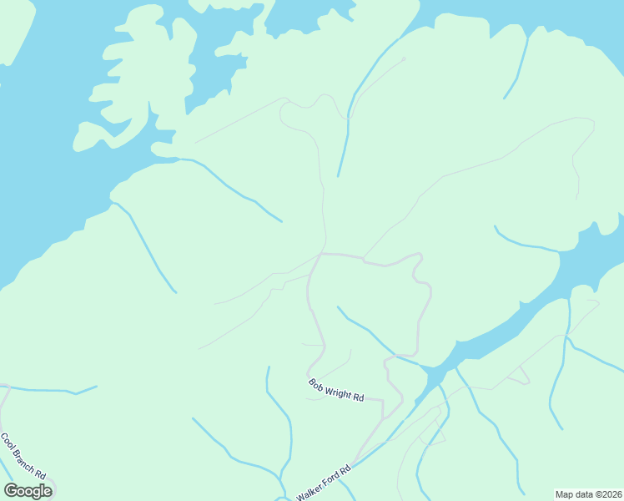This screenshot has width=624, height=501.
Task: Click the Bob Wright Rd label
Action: (x=336, y=390)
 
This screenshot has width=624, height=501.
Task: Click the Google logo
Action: (x=28, y=491)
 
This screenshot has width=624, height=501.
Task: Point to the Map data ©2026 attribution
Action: (x=589, y=494)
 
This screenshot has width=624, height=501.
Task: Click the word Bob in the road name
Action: (x=316, y=384)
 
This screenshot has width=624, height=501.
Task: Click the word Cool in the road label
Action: (x=8, y=440)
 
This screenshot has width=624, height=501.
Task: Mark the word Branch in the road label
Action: (x=23, y=457)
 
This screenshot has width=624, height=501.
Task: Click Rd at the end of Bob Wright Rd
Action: (x=359, y=397)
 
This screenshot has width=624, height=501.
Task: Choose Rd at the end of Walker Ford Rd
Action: (x=345, y=469)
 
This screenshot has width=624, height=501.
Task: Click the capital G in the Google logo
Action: (x=11, y=491)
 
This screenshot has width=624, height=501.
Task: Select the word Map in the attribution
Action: (x=565, y=494)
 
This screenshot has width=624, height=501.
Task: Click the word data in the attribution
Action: (x=583, y=494)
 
